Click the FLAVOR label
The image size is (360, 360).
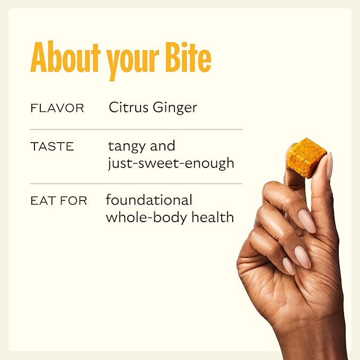pos(57,109)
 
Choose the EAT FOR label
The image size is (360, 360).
pos(59,201)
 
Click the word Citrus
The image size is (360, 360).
pos(126,108)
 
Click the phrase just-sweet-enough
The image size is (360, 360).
pos(170,163)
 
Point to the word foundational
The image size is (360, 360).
pos(149,200)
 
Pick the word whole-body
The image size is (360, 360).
pos(142,217)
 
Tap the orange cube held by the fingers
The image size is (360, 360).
pos(306,157)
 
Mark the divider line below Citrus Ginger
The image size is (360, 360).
pos(136,129)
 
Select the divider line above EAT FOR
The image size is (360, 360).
pos(136,183)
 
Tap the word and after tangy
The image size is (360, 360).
pos(163,146)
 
